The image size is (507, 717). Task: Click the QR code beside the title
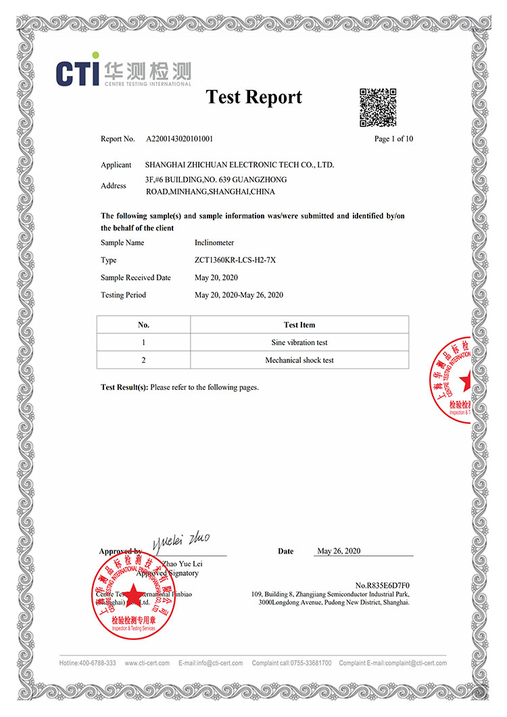pos(377,107)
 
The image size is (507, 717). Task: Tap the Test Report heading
pos(254,97)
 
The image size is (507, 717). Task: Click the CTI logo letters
pos(77,73)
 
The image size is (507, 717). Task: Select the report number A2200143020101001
pos(179,139)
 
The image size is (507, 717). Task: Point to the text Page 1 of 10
pos(393,139)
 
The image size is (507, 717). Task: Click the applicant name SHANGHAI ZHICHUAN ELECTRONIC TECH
pos(239,165)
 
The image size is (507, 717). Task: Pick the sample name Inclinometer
pos(214,243)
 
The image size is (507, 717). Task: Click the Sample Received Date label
pos(136,278)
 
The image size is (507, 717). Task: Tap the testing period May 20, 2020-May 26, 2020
pos(239,295)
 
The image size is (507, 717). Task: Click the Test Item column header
pos(299,325)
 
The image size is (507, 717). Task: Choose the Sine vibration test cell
pos(299,343)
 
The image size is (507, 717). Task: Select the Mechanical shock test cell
pos(299,360)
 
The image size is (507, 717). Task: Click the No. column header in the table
pos(143,325)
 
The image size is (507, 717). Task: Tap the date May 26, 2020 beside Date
pos(339,551)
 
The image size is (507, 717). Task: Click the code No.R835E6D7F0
pos(382,585)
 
